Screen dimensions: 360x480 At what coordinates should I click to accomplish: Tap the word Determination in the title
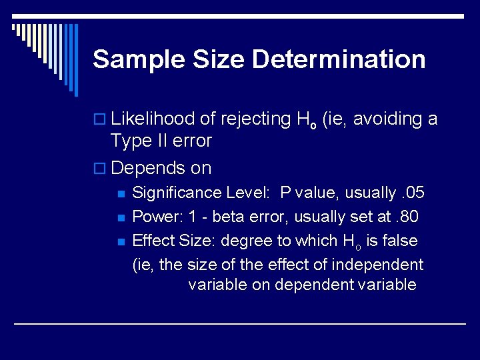(x=339, y=59)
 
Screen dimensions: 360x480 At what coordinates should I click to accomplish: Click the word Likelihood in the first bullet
(x=153, y=119)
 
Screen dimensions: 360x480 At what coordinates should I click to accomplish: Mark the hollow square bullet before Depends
(x=99, y=169)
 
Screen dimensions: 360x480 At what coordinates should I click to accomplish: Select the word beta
(x=228, y=217)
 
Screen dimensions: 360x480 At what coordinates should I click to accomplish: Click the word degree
(x=247, y=241)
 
